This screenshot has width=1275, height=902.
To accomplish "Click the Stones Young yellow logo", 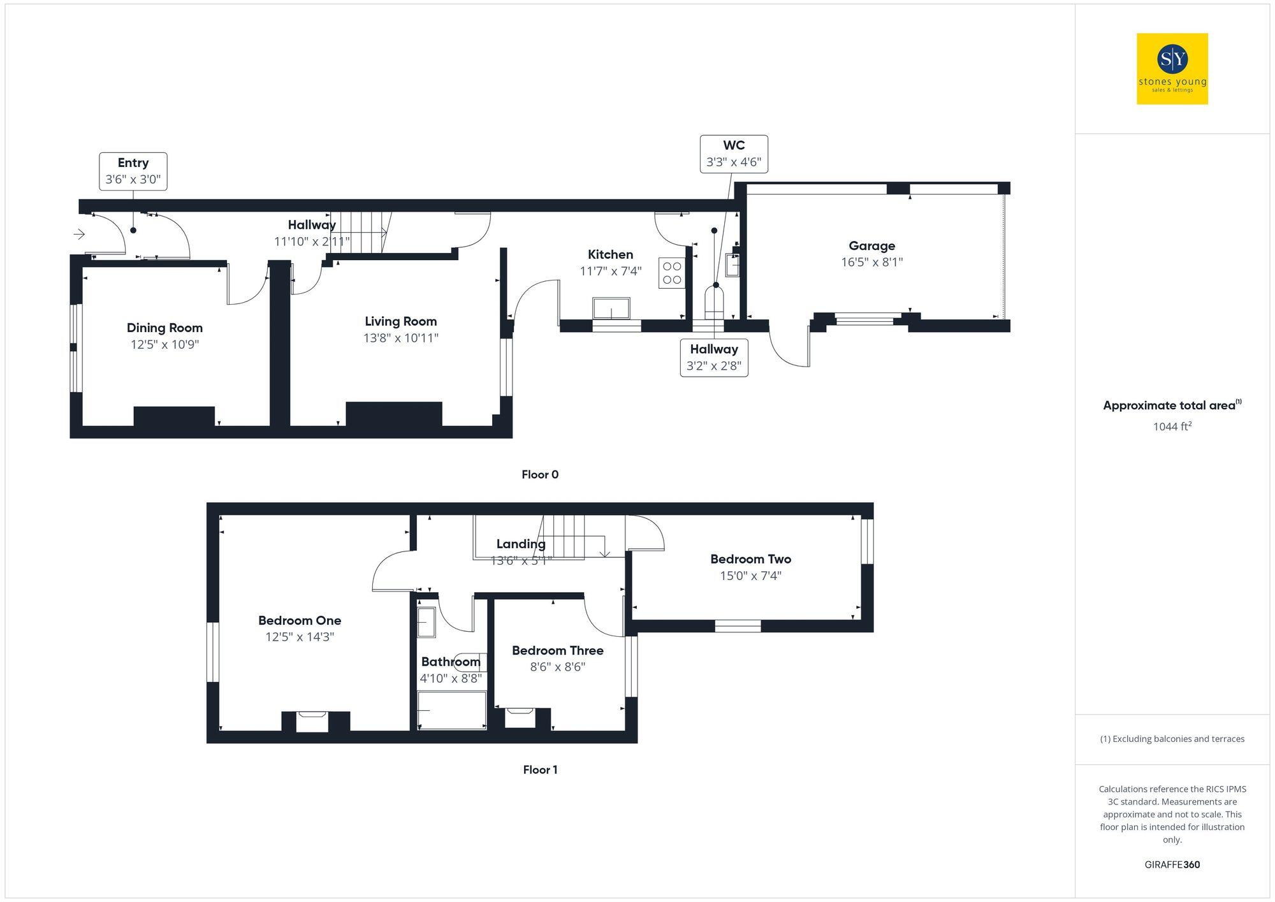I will click(1172, 69).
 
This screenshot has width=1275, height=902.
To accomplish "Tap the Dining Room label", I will click(164, 328).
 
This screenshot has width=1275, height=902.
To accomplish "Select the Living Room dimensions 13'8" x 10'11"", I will click(401, 338).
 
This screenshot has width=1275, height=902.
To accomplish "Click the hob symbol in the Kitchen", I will click(672, 273).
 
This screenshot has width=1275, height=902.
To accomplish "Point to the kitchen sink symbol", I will click(611, 308).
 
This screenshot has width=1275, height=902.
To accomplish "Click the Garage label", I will click(871, 246).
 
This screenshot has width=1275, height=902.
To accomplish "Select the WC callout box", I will click(734, 154).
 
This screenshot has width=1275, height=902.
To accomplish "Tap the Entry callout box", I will click(133, 171).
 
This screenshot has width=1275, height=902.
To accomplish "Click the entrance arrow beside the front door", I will click(79, 235).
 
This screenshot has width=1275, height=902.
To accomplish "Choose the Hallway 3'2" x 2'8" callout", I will click(714, 358).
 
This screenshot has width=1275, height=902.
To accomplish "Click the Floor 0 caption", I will click(540, 474).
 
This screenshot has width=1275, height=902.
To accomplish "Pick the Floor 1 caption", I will click(540, 769).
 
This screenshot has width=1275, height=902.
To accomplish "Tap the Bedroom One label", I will click(300, 620).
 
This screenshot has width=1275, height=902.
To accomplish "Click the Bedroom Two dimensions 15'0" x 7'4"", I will click(751, 576).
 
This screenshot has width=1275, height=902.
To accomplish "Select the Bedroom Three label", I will click(558, 650).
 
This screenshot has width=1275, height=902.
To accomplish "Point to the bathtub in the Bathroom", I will click(451, 710).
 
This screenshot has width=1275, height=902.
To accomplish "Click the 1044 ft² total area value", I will click(1172, 426).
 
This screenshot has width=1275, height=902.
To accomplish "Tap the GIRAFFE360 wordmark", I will click(1172, 865).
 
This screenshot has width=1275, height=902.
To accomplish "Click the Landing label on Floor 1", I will click(521, 544).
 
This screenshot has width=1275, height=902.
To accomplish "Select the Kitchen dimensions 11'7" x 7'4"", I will click(610, 271).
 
